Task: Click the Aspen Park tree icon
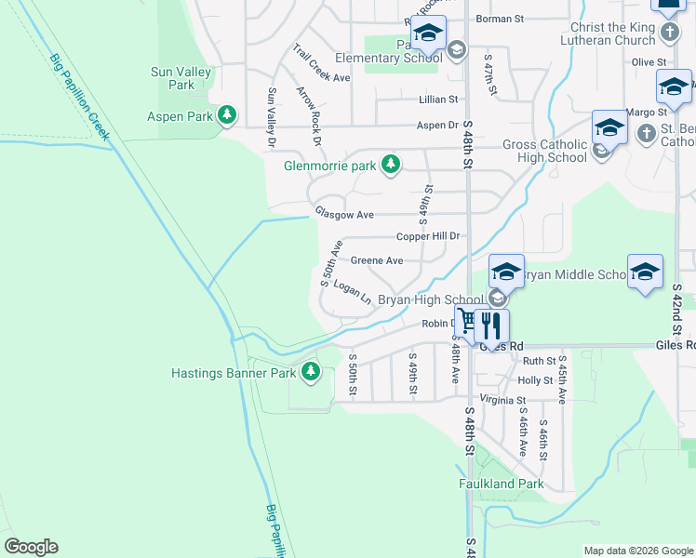tap(226, 116)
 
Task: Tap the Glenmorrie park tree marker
tap(392, 166)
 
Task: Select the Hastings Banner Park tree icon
tap(311, 373)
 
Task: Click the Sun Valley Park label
tap(181, 78)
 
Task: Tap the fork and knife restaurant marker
tap(492, 325)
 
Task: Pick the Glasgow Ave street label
tap(343, 214)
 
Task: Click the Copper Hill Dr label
tap(428, 237)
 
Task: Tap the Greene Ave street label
tap(376, 260)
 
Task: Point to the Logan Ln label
tap(352, 293)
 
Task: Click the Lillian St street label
tap(439, 99)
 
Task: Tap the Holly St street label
tap(535, 380)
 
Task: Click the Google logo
tap(31, 547)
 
